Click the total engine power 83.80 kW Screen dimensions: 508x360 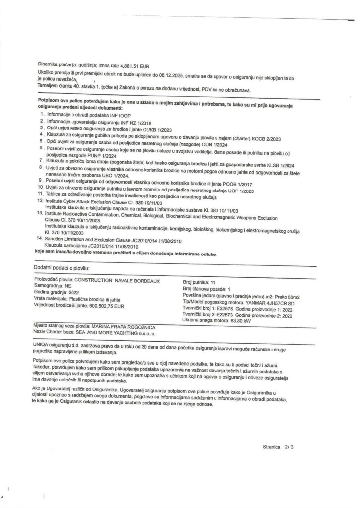(x=248, y=321)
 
